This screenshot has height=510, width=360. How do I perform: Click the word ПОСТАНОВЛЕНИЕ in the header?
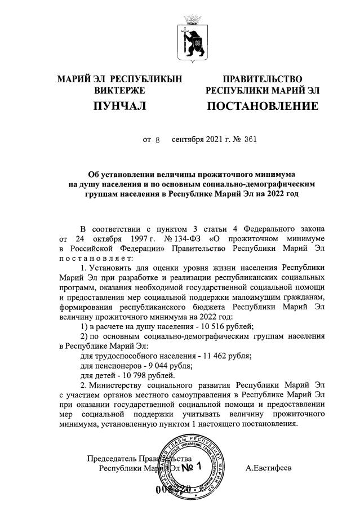[x=262, y=106]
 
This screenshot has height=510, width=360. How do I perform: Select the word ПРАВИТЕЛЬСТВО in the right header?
[x=262, y=79]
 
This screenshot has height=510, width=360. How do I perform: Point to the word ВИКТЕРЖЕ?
[x=119, y=90]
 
